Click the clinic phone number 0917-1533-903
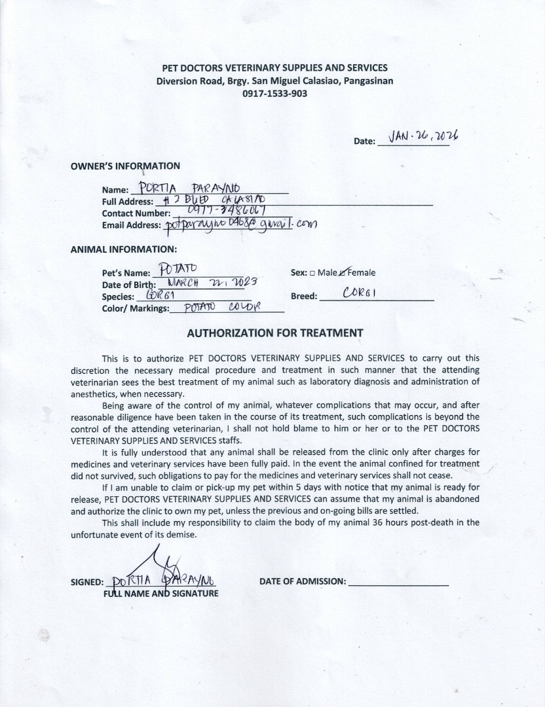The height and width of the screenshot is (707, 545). pos(274,94)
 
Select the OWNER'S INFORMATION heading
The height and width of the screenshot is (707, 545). pos(125,166)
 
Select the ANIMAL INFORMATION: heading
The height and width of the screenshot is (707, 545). pos(123,249)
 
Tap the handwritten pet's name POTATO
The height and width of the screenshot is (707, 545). pos(176,269)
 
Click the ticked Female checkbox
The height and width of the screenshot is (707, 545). pos(343,273)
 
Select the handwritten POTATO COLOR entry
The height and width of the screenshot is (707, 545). pos(223,307)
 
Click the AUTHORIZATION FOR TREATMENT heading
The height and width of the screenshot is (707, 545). pos(275,333)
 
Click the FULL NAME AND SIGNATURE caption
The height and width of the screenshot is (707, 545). pos(161,594)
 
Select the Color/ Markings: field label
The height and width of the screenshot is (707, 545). pos(136,308)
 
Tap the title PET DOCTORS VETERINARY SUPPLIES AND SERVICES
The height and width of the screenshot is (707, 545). pos(274,68)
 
